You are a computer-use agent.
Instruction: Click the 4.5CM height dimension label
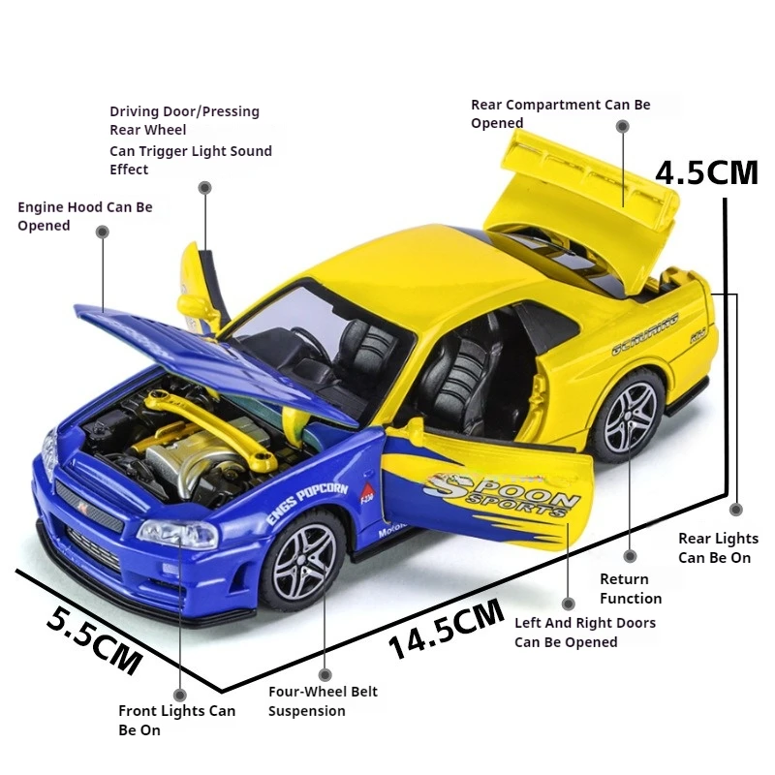(x=706, y=172)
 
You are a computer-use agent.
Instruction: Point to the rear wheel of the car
(x=628, y=418)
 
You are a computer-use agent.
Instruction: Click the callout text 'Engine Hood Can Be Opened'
(x=84, y=216)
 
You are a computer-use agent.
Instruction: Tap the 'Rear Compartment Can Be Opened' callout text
(x=560, y=113)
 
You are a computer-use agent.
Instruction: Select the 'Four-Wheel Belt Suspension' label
(x=323, y=701)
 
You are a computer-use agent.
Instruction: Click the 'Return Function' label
(x=631, y=589)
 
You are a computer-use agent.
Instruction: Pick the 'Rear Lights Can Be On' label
(x=718, y=547)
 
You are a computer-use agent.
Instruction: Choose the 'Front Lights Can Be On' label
(x=176, y=720)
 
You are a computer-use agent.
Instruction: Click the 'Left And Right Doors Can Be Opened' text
(x=584, y=633)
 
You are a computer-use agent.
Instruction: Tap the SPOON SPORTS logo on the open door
(x=504, y=495)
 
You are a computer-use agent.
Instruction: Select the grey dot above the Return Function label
(x=631, y=555)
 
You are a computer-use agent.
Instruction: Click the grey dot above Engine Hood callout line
(x=102, y=232)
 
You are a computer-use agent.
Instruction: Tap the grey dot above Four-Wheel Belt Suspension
(x=325, y=674)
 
